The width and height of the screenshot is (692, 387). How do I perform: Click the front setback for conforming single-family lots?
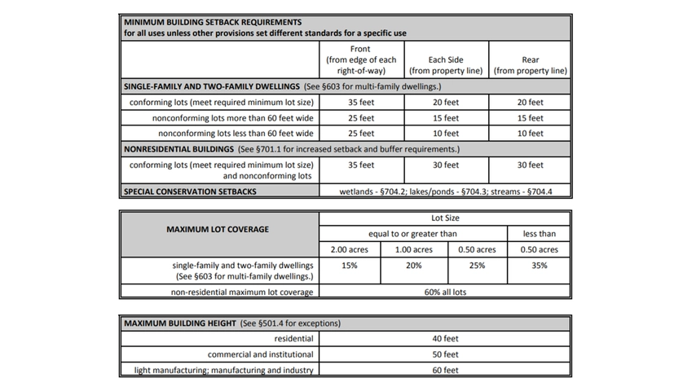(x=360, y=103)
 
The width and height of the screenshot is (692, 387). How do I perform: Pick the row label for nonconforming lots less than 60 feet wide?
(x=236, y=134)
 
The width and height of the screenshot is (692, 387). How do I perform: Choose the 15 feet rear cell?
(x=530, y=118)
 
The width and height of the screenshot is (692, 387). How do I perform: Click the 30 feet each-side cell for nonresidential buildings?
(x=446, y=165)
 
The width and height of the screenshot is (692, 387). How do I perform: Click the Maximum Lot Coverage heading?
(x=219, y=229)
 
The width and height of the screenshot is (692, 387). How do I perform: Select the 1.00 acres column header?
(x=414, y=249)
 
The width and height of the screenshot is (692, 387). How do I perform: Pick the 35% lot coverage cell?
(x=538, y=266)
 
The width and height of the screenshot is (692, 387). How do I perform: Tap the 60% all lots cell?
(x=445, y=292)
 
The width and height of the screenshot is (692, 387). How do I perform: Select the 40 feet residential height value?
(x=445, y=339)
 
